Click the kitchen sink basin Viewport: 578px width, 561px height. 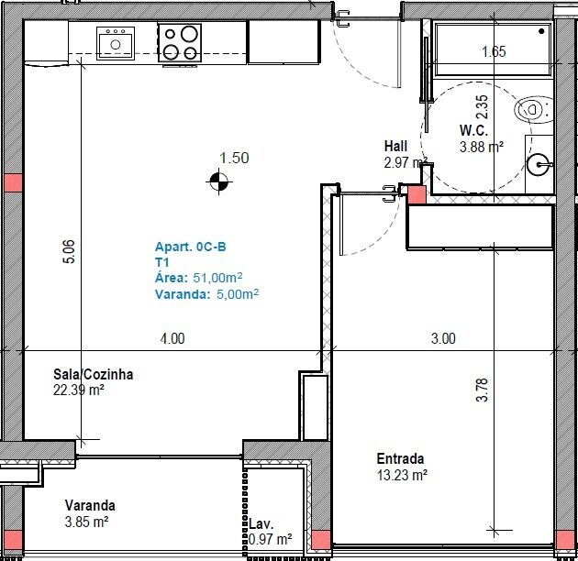pyautogui.click(x=116, y=43)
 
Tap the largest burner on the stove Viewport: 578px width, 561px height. pyautogui.click(x=189, y=34)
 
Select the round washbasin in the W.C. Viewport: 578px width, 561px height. pyautogui.click(x=539, y=164)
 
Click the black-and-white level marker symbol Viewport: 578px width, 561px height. pyautogui.click(x=219, y=181)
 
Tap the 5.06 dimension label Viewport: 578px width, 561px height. pyautogui.click(x=69, y=251)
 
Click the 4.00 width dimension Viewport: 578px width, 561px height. pyautogui.click(x=172, y=338)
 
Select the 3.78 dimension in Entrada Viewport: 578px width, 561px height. pyautogui.click(x=482, y=390)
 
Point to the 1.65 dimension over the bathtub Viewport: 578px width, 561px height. pyautogui.click(x=494, y=51)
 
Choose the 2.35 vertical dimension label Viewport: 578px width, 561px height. pyautogui.click(x=482, y=107)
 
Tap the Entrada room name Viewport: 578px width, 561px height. pyautogui.click(x=400, y=458)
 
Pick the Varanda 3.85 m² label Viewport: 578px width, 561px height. pyautogui.click(x=90, y=513)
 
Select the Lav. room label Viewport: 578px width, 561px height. pyautogui.click(x=261, y=524)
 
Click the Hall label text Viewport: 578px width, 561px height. pyautogui.click(x=396, y=146)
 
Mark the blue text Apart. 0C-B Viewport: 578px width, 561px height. pyautogui.click(x=190, y=247)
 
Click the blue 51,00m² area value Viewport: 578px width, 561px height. pyautogui.click(x=217, y=278)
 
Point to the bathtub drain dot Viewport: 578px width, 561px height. pyautogui.click(x=541, y=31)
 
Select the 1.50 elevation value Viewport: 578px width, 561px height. pyautogui.click(x=234, y=158)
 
